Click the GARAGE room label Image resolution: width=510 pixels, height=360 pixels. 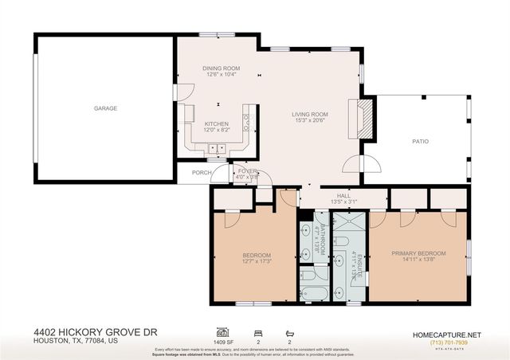click(105, 108)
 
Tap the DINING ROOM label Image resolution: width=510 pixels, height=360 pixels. click(222, 68)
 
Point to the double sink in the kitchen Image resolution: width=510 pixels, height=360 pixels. click(217, 148)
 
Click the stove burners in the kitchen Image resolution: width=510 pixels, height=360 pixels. click(246, 121)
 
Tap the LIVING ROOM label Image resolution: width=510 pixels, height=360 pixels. click(310, 115)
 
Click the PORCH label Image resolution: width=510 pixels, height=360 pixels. click(202, 172)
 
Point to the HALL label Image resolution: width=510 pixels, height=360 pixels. click(343, 195)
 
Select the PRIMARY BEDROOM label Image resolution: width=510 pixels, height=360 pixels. click(418, 253)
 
